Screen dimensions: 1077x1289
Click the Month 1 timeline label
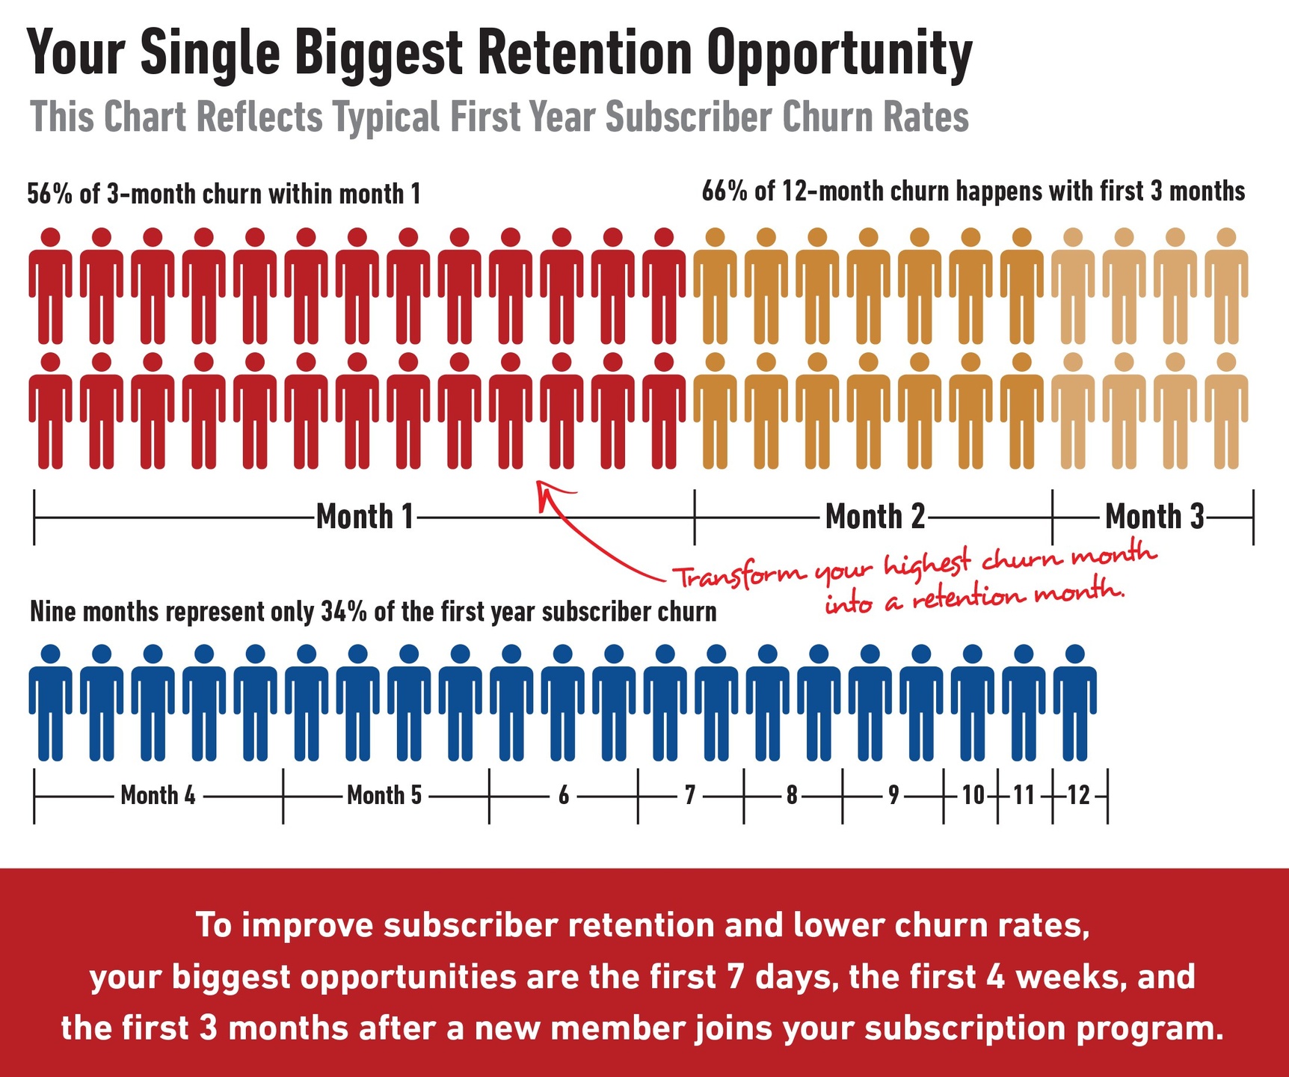[365, 517]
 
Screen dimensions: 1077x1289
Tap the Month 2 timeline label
[875, 517]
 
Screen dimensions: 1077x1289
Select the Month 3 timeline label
[1154, 517]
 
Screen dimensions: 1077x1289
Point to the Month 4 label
[158, 795]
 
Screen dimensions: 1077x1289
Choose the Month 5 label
[384, 795]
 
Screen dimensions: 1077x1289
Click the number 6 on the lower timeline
[564, 795]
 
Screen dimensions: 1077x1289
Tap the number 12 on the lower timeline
[1079, 795]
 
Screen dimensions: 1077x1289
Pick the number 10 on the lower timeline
[973, 795]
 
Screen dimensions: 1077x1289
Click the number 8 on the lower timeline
[792, 795]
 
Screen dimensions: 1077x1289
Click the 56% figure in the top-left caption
[49, 194]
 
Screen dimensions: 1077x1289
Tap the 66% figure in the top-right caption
[724, 191]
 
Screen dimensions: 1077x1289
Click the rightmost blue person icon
[1074, 703]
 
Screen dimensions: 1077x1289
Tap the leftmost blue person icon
[51, 703]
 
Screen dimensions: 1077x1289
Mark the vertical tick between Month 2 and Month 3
[1052, 517]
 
